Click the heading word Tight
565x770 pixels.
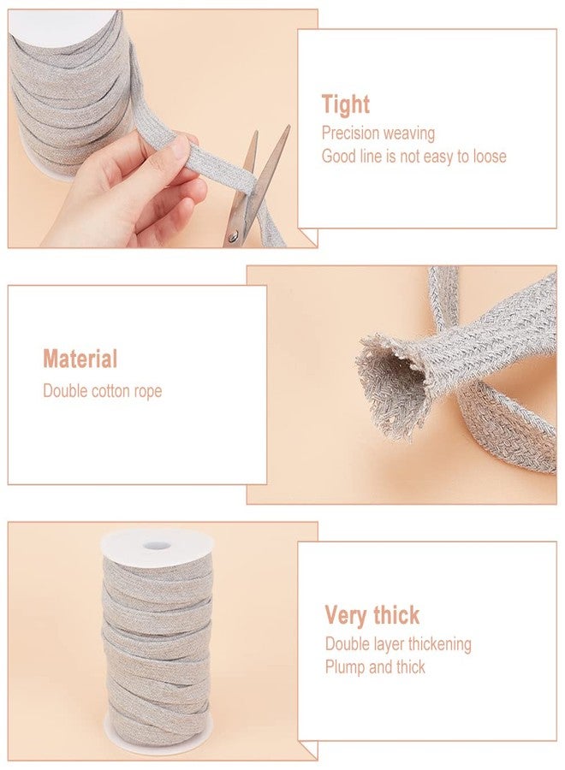pos(346,105)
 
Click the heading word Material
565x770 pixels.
pos(80,359)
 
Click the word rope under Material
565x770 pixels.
pos(146,392)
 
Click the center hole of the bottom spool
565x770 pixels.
pos(155,546)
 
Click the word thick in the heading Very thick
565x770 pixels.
pos(396,616)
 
